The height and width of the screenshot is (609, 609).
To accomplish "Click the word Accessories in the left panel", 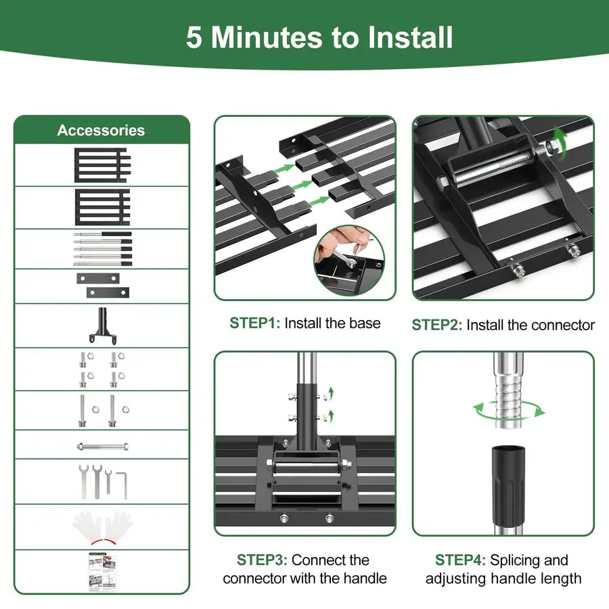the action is point(101,131).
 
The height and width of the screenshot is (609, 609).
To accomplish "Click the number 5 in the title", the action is point(194,38).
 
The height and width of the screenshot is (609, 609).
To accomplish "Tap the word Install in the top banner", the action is point(411,37).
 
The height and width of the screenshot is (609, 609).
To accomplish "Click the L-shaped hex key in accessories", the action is point(122,484).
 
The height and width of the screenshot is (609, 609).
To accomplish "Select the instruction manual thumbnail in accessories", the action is point(103,572).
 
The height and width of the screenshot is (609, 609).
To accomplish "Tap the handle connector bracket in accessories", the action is point(103,325).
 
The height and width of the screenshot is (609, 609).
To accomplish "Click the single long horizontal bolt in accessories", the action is point(103,447).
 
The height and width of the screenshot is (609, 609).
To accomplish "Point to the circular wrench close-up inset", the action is point(348,261).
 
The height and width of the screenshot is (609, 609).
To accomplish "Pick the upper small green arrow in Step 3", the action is point(330,393).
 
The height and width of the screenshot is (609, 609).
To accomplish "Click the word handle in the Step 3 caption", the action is point(365,579).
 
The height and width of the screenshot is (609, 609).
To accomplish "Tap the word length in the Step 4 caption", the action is point(560,579).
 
